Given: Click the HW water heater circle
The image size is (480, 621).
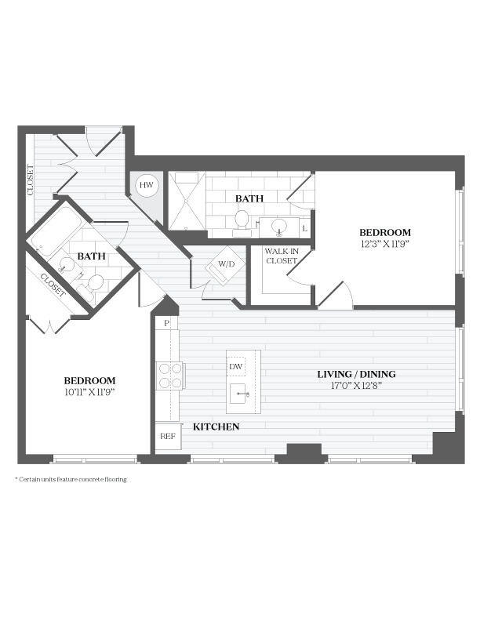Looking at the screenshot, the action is (146, 185).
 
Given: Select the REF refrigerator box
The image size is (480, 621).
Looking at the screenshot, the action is (168, 436).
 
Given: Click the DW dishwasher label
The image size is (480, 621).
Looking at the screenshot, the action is (235, 366).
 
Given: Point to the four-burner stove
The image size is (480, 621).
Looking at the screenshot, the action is (170, 375).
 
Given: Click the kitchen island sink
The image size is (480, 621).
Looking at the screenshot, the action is (242, 394).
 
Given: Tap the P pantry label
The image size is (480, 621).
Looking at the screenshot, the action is (166, 323).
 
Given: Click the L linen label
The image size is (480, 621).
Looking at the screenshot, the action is (304, 228).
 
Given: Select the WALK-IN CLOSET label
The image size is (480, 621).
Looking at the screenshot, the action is (282, 256).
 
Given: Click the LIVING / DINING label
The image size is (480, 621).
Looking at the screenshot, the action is (356, 374).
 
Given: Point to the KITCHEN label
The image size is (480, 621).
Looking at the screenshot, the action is (216, 427).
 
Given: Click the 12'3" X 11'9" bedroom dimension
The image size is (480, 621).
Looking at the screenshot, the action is (384, 244).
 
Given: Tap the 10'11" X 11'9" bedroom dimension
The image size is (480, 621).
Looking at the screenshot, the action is (89, 392).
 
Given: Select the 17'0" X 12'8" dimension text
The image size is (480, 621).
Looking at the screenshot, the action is (356, 385).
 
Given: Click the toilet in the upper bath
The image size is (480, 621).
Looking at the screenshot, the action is (242, 223).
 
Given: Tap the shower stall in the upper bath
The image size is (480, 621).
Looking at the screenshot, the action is (187, 201).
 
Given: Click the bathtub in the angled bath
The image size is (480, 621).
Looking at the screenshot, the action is (56, 231).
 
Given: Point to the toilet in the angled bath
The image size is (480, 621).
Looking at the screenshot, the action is (91, 287).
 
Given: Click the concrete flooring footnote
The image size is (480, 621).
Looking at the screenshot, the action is (71, 479).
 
